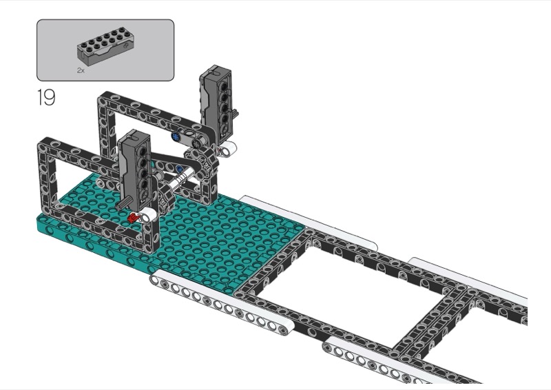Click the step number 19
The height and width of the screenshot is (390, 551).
coord(46,97)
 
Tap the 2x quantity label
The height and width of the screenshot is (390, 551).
coord(81,70)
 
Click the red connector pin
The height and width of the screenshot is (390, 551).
coord(132,218)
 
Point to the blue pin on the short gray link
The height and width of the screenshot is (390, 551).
coord(176,136)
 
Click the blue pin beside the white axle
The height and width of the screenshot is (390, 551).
coord(180,169)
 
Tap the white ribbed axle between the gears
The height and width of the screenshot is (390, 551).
coord(182,178)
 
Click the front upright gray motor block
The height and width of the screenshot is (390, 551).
coord(136,169)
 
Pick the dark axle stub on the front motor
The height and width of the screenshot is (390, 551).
coord(125,203)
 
